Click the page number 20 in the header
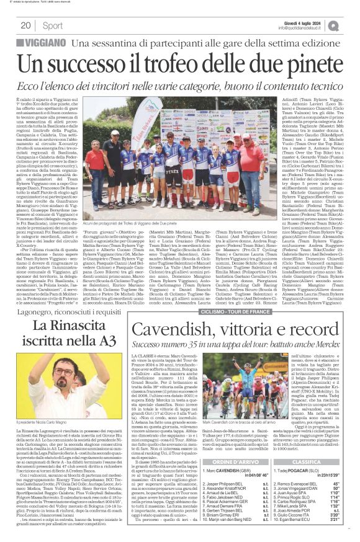[x=26, y=25]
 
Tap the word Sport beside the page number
[x=53, y=25]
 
